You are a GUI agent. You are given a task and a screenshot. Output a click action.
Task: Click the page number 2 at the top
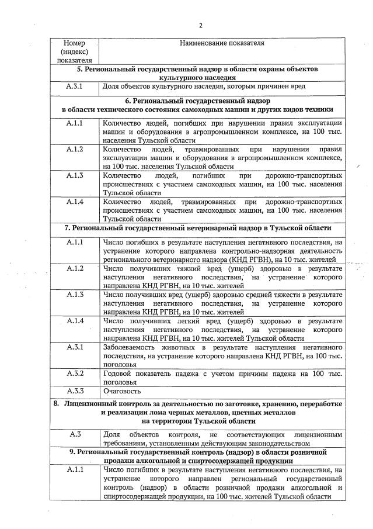click(200, 25)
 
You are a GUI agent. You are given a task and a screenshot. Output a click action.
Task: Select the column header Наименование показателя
click(222, 43)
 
